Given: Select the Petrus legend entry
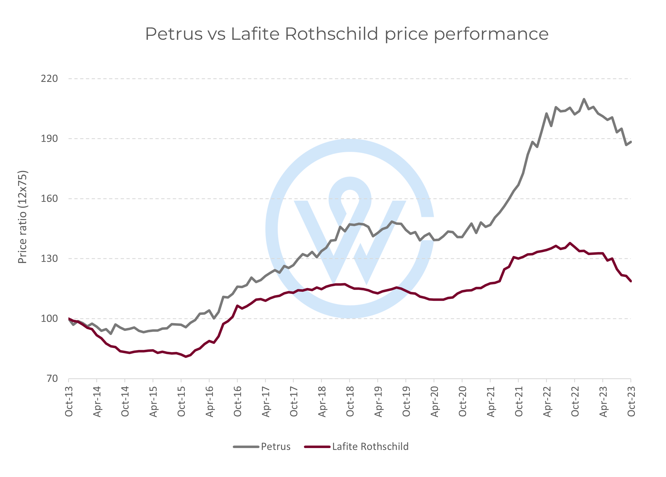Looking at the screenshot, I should click(275, 446).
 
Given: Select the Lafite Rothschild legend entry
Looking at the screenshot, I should click(370, 446).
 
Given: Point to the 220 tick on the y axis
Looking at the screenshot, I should click(49, 79).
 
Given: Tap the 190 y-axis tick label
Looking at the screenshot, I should click(49, 138).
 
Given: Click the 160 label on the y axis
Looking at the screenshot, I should click(49, 199).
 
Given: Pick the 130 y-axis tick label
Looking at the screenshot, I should click(49, 259).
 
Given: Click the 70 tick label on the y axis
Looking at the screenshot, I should click(52, 379).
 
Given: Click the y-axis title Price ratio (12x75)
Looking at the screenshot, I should click(22, 217).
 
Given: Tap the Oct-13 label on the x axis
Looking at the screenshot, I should click(69, 401).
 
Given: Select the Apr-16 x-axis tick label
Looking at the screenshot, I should click(209, 401).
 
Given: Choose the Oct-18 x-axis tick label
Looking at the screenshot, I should click(350, 401).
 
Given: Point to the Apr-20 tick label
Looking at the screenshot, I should click(434, 401).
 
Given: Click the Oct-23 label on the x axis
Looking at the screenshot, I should click(631, 401).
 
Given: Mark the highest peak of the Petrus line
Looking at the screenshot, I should click(584, 99).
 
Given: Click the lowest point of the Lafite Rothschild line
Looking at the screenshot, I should click(186, 357).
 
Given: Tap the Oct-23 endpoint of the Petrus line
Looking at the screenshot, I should click(631, 142).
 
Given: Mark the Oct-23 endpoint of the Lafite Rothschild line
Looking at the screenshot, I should click(631, 281).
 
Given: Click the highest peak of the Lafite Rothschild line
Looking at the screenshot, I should click(570, 243).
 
